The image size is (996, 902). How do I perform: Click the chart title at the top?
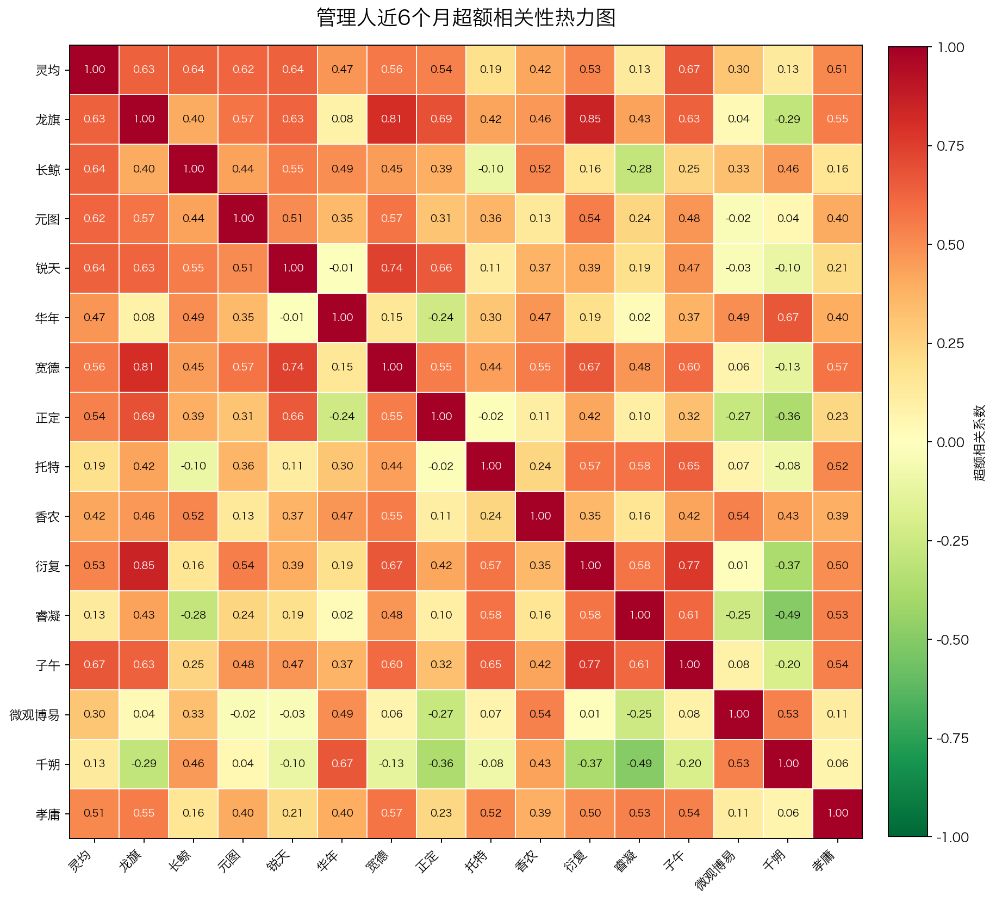466,18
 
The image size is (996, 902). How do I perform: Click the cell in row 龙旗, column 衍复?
590,119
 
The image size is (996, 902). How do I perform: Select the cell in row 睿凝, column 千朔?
788,615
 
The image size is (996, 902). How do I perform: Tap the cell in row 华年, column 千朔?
788,318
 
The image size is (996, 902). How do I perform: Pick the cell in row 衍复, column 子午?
689,566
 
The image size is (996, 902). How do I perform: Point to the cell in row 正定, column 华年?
343,417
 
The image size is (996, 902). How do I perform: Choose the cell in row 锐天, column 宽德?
392,268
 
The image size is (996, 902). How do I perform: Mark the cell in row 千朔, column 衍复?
590,764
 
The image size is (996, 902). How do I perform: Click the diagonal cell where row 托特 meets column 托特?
491,466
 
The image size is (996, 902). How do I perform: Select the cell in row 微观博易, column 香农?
540,714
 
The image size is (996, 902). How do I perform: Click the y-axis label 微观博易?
34,715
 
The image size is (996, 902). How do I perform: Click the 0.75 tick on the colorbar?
950,146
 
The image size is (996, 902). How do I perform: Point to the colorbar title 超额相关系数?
979,442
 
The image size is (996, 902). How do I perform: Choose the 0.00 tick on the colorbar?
950,442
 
